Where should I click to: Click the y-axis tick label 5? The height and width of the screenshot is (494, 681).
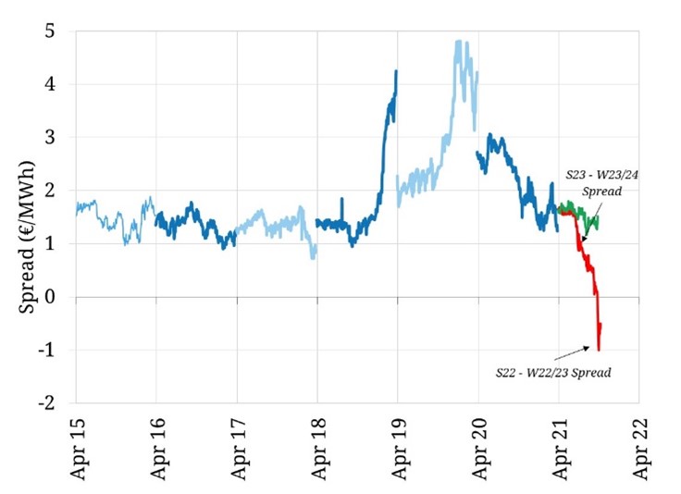pyautogui.click(x=56, y=31)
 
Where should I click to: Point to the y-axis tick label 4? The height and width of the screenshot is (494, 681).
pyautogui.click(x=56, y=84)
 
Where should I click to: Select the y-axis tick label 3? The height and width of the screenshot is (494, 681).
pyautogui.click(x=56, y=137)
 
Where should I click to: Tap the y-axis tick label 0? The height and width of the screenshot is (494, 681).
pyautogui.click(x=56, y=297)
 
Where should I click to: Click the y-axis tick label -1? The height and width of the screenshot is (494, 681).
pyautogui.click(x=53, y=351)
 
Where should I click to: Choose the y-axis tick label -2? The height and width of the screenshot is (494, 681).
pyautogui.click(x=53, y=403)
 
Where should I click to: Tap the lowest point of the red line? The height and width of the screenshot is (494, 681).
pyautogui.click(x=599, y=349)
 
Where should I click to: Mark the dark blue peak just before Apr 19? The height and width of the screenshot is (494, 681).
pyautogui.click(x=396, y=71)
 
